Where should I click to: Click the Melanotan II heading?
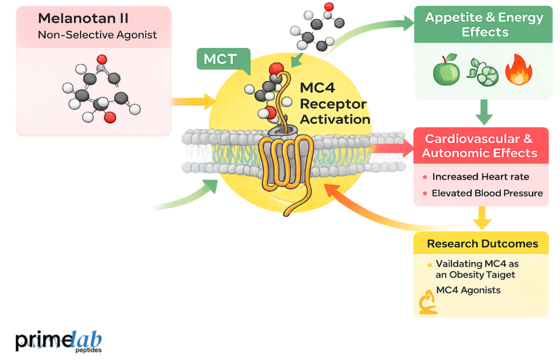point(83,19)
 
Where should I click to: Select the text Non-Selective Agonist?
point(97,35)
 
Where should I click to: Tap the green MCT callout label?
point(220,59)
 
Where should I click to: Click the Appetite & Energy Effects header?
point(484,24)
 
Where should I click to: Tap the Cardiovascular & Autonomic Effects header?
point(479,146)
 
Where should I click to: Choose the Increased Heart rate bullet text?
point(481,177)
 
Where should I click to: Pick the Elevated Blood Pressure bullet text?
point(487,193)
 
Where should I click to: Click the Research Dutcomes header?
point(482,244)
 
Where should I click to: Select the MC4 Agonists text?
point(468,290)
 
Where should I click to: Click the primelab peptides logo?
point(58,341)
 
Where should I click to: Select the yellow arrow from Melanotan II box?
point(193,101)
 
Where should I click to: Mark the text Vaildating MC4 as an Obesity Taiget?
point(477,269)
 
